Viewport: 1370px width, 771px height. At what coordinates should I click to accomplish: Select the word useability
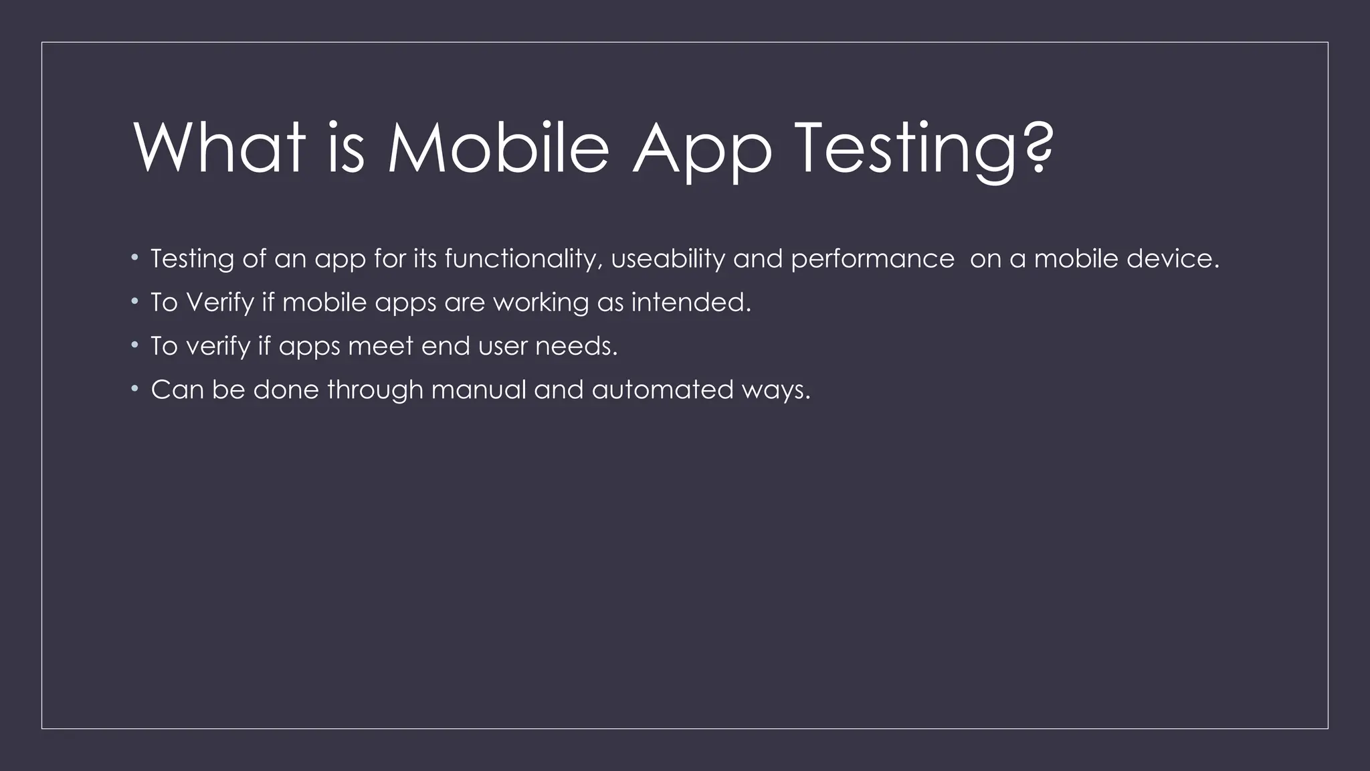pyautogui.click(x=668, y=259)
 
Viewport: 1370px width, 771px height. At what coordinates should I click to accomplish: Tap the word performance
pyautogui.click(x=872, y=260)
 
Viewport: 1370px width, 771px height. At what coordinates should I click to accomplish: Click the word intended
pyautogui.click(x=691, y=303)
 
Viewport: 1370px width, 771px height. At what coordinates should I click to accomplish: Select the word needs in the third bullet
pyautogui.click(x=576, y=346)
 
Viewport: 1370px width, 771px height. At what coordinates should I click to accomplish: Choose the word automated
pyautogui.click(x=662, y=390)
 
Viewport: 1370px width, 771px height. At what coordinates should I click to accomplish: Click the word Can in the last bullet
pyautogui.click(x=177, y=390)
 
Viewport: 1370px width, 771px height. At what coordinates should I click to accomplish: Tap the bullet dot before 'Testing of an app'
pyautogui.click(x=134, y=257)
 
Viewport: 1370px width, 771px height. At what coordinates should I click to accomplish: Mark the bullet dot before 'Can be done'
pyautogui.click(x=134, y=388)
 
